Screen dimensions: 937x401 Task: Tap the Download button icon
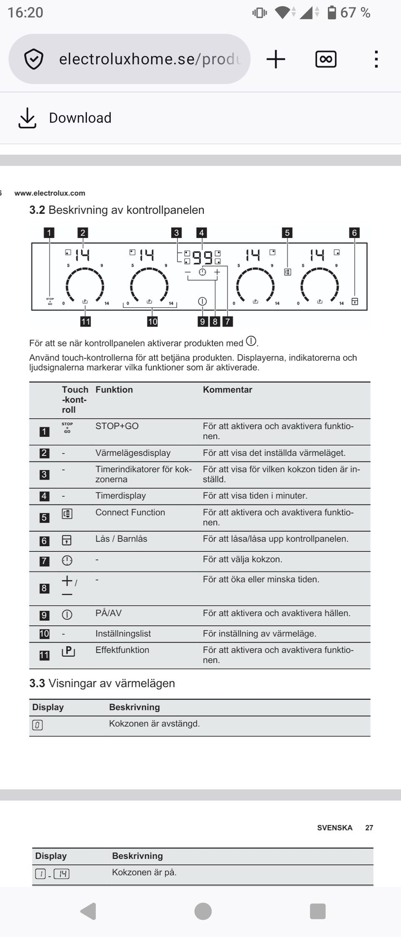pos(27,118)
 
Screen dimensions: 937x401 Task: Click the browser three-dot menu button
pos(376,59)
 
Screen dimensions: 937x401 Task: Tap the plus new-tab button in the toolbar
pos(276,59)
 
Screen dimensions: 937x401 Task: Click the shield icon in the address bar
pos(33,59)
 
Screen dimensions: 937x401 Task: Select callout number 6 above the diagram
pos(354,233)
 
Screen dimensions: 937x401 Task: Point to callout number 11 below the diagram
pos(86,321)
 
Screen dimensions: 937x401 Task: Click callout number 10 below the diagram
pos(152,321)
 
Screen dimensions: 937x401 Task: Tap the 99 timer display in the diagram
pos(202,256)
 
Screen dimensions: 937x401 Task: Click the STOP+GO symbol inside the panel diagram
pos(50,301)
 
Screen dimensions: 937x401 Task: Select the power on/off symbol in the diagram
pos(202,301)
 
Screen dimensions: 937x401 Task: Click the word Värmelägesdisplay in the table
pos(133,453)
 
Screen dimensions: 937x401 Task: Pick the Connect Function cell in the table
pos(130,512)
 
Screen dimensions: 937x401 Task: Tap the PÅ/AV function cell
pos(108,613)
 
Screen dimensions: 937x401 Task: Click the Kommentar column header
pos(227,390)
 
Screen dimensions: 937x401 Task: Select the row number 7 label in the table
pos(44,561)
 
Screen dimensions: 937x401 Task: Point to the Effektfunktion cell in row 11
pos(122,650)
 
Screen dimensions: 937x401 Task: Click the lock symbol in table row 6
pos(67,540)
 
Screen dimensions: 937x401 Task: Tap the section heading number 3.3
pos(37,684)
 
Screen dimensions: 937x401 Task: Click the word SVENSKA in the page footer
pos(335,828)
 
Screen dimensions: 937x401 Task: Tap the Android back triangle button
pos(89,911)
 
